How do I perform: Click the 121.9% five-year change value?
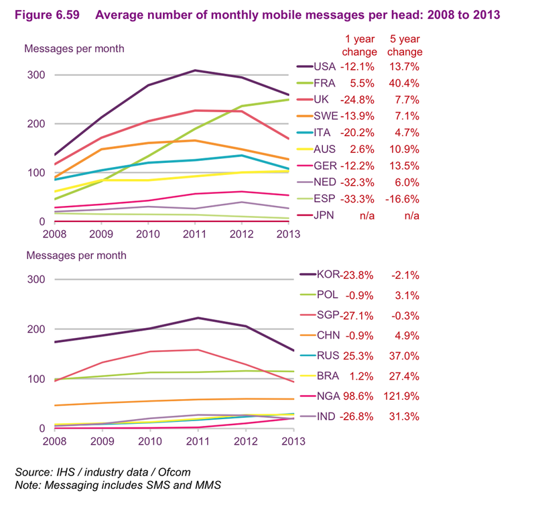coord(404,396)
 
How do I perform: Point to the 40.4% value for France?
coord(404,84)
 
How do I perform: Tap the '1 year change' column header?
coord(360,46)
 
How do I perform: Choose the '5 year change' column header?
coord(405,46)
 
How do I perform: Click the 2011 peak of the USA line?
coord(195,70)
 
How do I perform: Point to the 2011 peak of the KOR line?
coord(195,318)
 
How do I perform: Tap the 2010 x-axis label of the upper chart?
coord(148,233)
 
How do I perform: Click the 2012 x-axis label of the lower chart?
coord(242,441)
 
